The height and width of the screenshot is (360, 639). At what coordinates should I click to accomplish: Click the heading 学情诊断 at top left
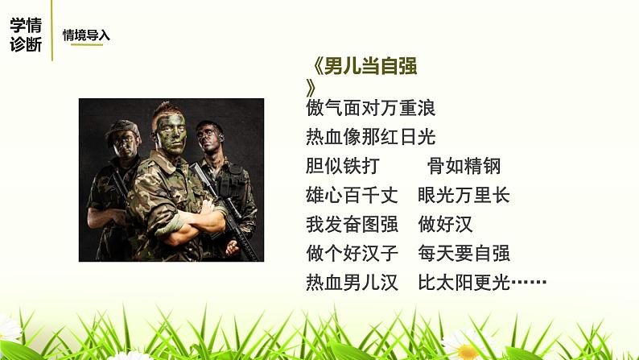click(26, 35)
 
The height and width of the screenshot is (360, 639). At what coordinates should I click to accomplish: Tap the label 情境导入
click(86, 35)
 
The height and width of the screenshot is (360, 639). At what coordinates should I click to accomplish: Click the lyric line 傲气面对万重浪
click(371, 107)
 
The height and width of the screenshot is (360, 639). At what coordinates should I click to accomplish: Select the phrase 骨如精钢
click(464, 167)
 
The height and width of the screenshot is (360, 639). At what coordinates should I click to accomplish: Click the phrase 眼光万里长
click(464, 196)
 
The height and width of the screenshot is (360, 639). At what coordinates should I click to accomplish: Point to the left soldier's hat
click(123, 127)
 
